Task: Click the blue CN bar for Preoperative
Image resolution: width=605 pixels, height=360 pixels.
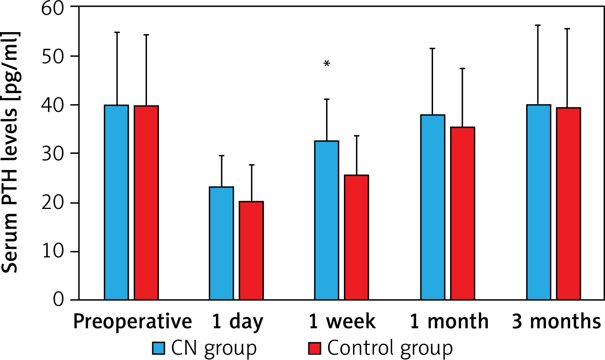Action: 116,202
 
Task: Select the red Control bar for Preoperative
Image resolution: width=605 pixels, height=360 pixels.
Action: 146,203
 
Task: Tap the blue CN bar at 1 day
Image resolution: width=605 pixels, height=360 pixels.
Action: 221,243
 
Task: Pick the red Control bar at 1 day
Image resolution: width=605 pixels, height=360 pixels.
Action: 251,251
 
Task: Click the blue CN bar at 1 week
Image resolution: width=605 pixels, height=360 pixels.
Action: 327,220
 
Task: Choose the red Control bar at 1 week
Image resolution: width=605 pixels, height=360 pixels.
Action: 357,237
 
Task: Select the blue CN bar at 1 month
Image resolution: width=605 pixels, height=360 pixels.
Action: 433,207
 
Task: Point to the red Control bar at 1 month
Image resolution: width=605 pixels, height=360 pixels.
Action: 462,213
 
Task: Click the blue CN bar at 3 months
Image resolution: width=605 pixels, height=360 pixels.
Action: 538,202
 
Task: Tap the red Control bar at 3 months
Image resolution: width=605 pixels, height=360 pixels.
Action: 568,203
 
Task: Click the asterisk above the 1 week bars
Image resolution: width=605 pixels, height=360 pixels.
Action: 327,63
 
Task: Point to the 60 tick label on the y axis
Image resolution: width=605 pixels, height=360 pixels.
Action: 53,8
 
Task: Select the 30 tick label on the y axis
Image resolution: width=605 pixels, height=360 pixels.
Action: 53,154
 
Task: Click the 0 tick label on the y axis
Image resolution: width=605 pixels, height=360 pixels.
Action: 58,299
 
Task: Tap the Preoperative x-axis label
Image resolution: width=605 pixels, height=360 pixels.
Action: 132,322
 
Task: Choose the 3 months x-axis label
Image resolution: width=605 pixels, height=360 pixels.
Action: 556,322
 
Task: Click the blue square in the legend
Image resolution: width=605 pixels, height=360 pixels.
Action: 158,348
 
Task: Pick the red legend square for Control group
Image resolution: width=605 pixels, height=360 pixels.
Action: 314,348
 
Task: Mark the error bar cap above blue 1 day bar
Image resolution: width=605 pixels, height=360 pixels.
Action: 221,156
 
